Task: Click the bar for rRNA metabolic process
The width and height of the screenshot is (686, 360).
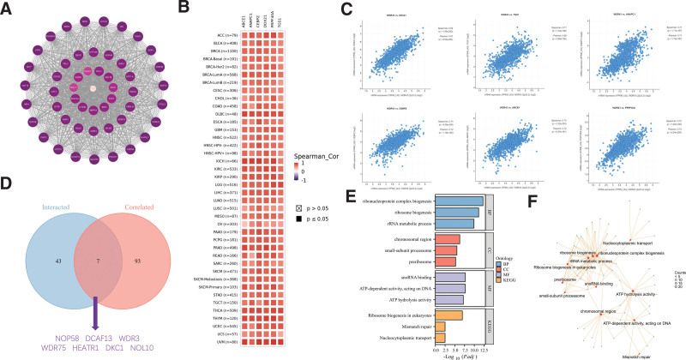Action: pos(448,224)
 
